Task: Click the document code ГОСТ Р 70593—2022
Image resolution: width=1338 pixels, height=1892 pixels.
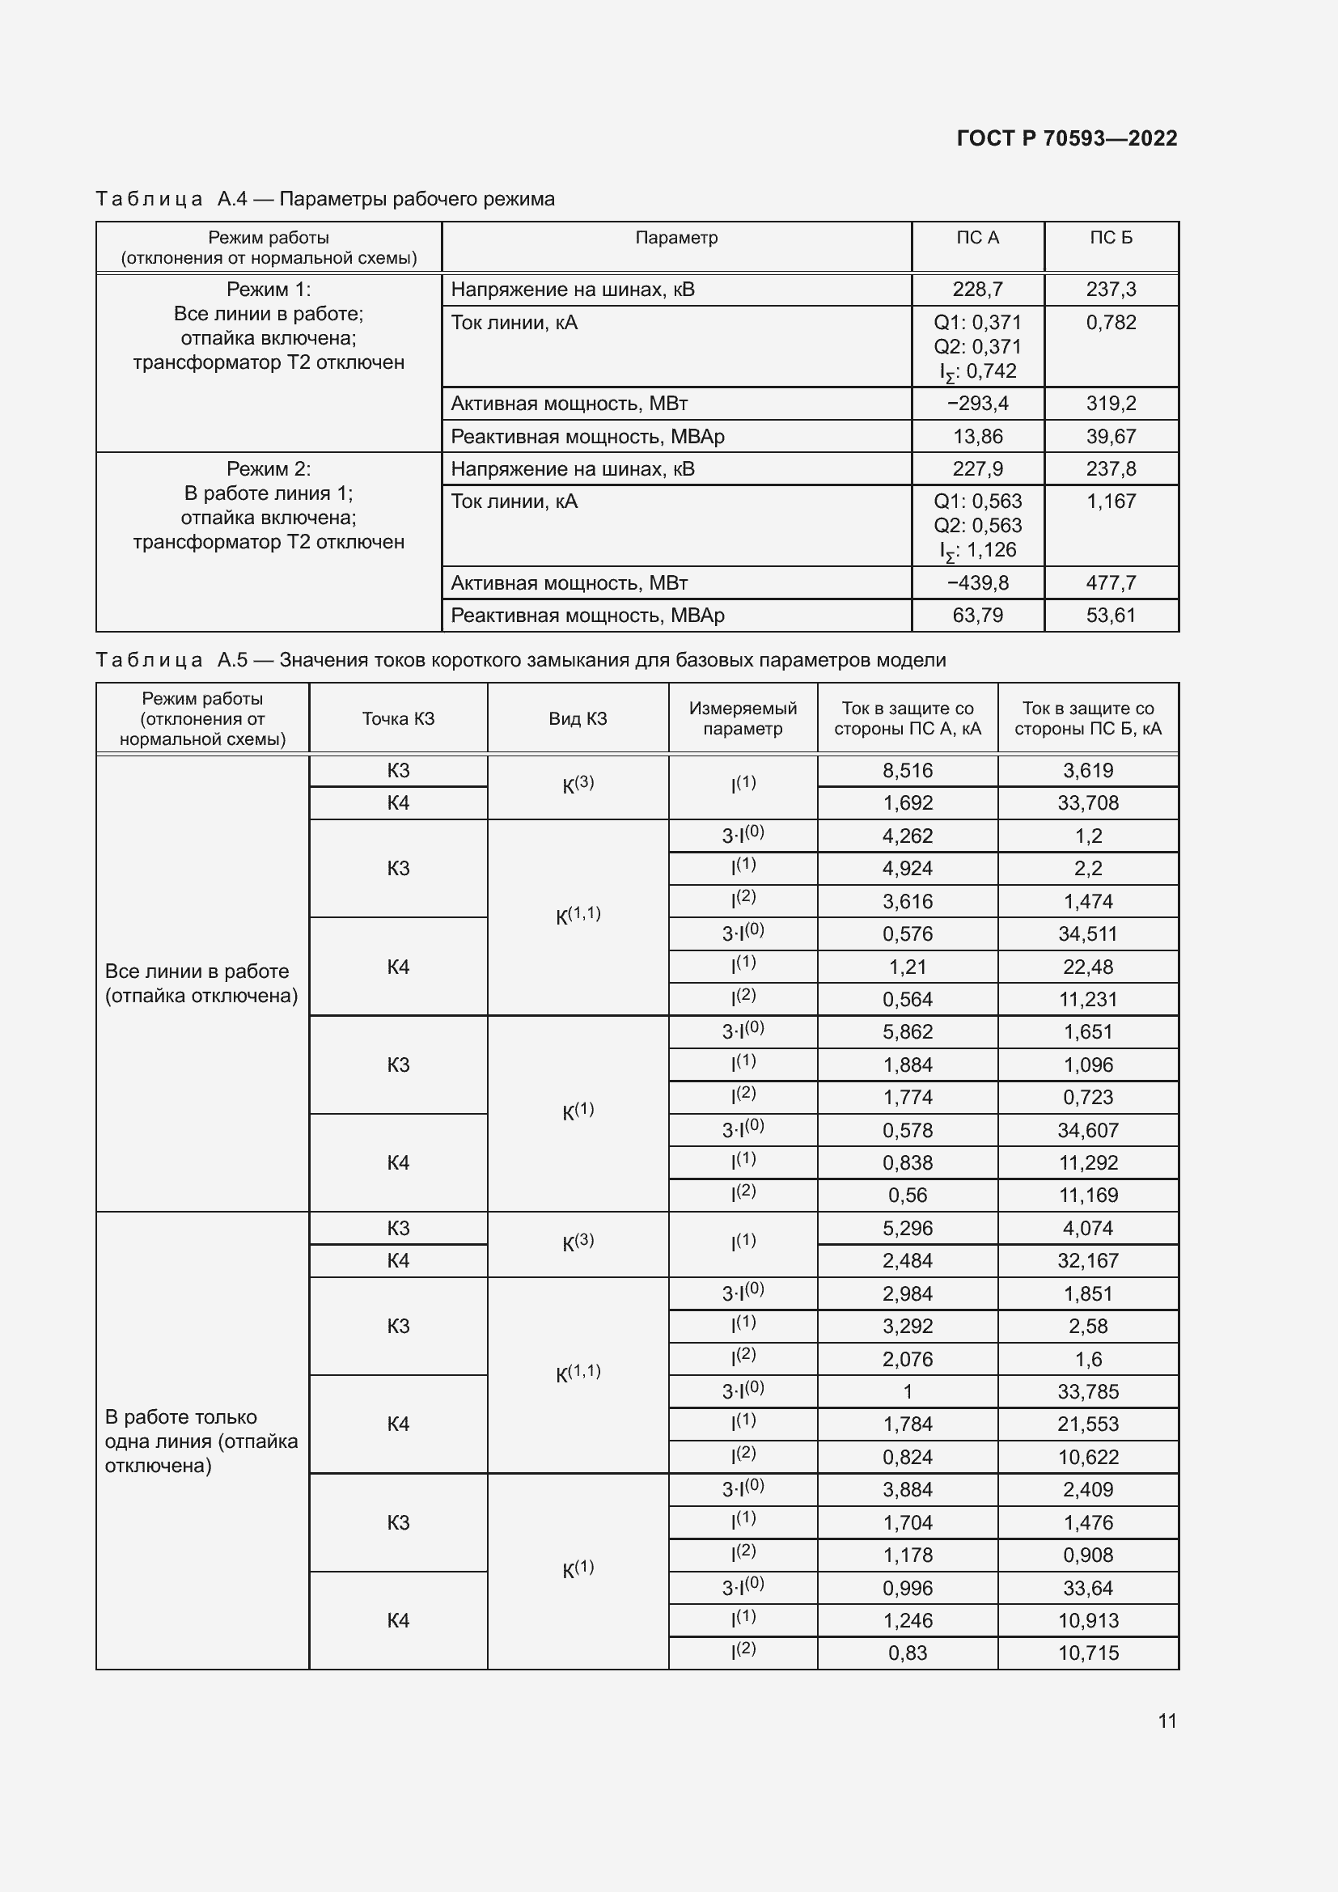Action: coord(1066,138)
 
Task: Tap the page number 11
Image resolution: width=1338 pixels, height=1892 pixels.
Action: coord(1167,1721)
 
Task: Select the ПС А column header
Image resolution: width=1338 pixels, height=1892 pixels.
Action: coord(977,238)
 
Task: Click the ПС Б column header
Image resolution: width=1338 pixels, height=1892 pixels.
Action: coord(1111,238)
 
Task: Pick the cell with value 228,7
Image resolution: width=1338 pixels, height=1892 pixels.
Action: coord(977,290)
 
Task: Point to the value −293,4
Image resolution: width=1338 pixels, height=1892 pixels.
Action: coord(977,404)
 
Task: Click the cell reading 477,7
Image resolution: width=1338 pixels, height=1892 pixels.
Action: coord(1111,583)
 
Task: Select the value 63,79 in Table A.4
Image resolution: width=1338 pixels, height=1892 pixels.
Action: coord(977,616)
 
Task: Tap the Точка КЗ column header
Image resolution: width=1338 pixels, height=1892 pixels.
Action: coord(398,718)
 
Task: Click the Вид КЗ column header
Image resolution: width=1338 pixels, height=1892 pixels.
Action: coord(578,718)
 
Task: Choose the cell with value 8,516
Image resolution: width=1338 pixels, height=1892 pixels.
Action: coord(907,771)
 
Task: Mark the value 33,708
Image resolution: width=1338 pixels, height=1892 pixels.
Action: coord(1087,803)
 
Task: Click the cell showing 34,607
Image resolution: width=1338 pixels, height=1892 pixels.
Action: coord(1087,1131)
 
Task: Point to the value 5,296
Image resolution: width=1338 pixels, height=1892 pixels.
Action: coord(907,1229)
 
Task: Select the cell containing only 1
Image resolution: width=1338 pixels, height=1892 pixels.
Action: coord(907,1392)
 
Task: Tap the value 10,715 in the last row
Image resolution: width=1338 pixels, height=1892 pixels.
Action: coord(1087,1653)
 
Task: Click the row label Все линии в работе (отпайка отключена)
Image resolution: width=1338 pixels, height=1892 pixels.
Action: coord(201,983)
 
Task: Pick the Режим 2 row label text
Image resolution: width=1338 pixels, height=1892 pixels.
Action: coord(269,505)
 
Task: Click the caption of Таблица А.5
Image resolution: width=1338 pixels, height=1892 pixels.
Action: coord(521,660)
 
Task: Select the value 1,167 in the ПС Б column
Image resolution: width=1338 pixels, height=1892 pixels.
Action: coord(1111,502)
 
